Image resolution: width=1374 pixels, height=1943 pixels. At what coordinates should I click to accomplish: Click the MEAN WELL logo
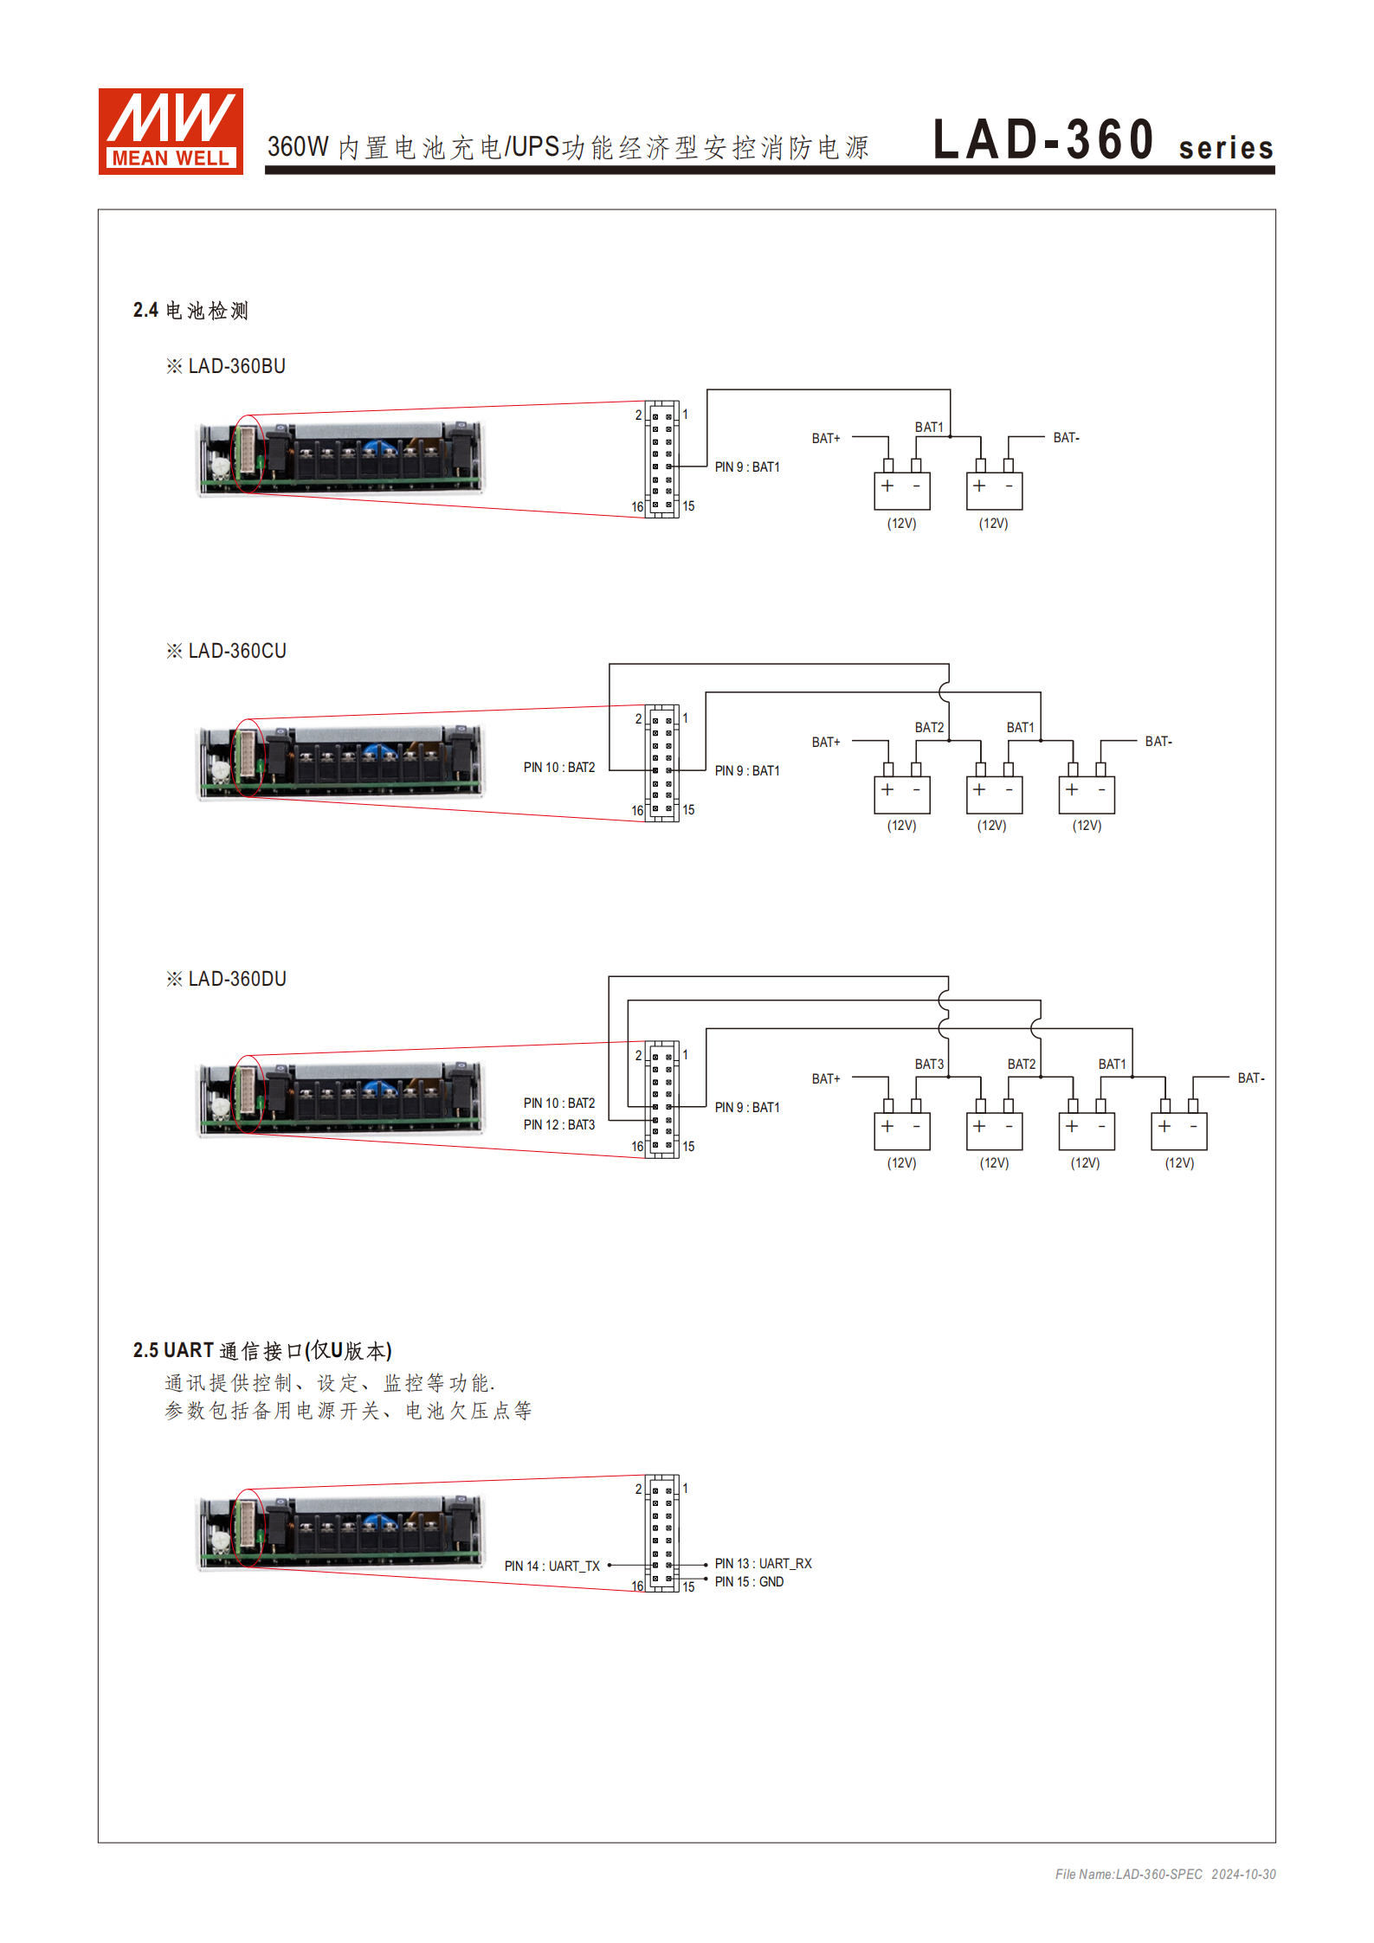171,132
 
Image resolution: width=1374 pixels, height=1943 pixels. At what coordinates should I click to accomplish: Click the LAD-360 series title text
1102,142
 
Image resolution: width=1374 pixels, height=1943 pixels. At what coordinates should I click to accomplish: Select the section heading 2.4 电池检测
190,311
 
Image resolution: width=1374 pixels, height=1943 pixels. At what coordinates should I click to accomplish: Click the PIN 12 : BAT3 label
558,1125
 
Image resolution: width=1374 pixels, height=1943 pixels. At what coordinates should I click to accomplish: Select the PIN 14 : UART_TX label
552,1567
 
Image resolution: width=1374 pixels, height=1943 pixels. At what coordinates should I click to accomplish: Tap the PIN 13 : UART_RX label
763,1564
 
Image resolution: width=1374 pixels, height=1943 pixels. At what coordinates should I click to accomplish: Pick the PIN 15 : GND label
749,1582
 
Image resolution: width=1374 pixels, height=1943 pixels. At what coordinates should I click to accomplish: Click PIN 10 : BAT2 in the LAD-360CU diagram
558,768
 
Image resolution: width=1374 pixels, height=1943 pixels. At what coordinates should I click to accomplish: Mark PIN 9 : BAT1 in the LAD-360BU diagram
746,467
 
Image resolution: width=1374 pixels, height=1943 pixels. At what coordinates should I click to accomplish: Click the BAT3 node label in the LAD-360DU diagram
929,1065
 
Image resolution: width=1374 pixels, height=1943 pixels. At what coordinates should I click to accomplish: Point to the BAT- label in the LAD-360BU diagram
1066,438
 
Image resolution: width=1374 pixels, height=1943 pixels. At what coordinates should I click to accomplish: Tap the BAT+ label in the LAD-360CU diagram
825,743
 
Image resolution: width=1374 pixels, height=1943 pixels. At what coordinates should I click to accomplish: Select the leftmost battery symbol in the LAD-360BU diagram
901,491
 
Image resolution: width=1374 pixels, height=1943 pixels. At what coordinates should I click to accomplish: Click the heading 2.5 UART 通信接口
262,1351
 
